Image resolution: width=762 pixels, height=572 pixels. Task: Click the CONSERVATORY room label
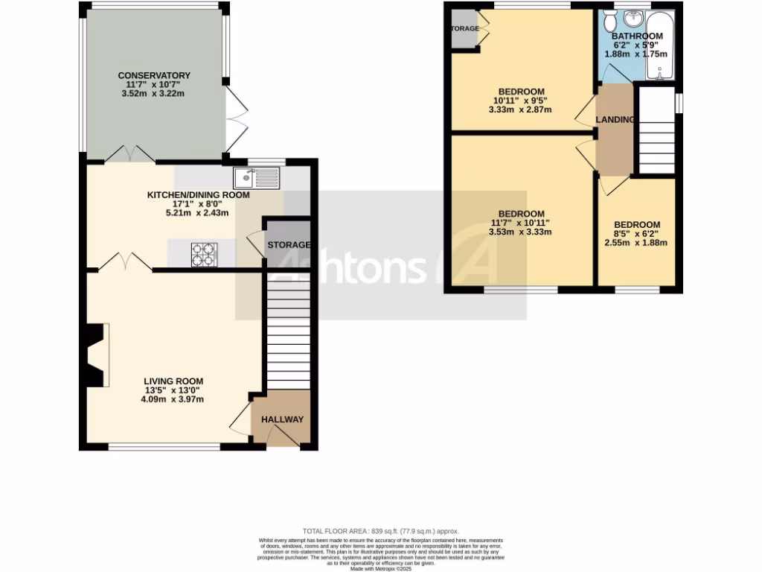pyautogui.click(x=154, y=75)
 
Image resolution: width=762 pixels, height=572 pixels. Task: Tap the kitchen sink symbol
pyautogui.click(x=255, y=178)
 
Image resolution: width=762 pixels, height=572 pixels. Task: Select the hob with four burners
pyautogui.click(x=202, y=255)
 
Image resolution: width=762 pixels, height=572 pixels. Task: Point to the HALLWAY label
pyautogui.click(x=282, y=419)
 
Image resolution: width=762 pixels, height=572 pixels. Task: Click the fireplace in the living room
pyautogui.click(x=97, y=355)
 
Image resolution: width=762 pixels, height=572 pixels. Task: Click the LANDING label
pyautogui.click(x=615, y=119)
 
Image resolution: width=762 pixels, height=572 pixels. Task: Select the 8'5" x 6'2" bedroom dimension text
pyautogui.click(x=636, y=233)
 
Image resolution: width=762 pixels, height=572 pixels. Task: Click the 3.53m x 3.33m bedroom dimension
pyautogui.click(x=520, y=232)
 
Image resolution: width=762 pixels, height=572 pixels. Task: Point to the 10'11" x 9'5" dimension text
pyautogui.click(x=520, y=101)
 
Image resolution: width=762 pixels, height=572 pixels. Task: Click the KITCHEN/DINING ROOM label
pyautogui.click(x=198, y=195)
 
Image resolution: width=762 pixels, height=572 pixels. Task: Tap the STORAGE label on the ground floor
pyautogui.click(x=289, y=245)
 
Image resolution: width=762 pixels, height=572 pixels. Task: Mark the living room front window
pyautogui.click(x=164, y=447)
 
